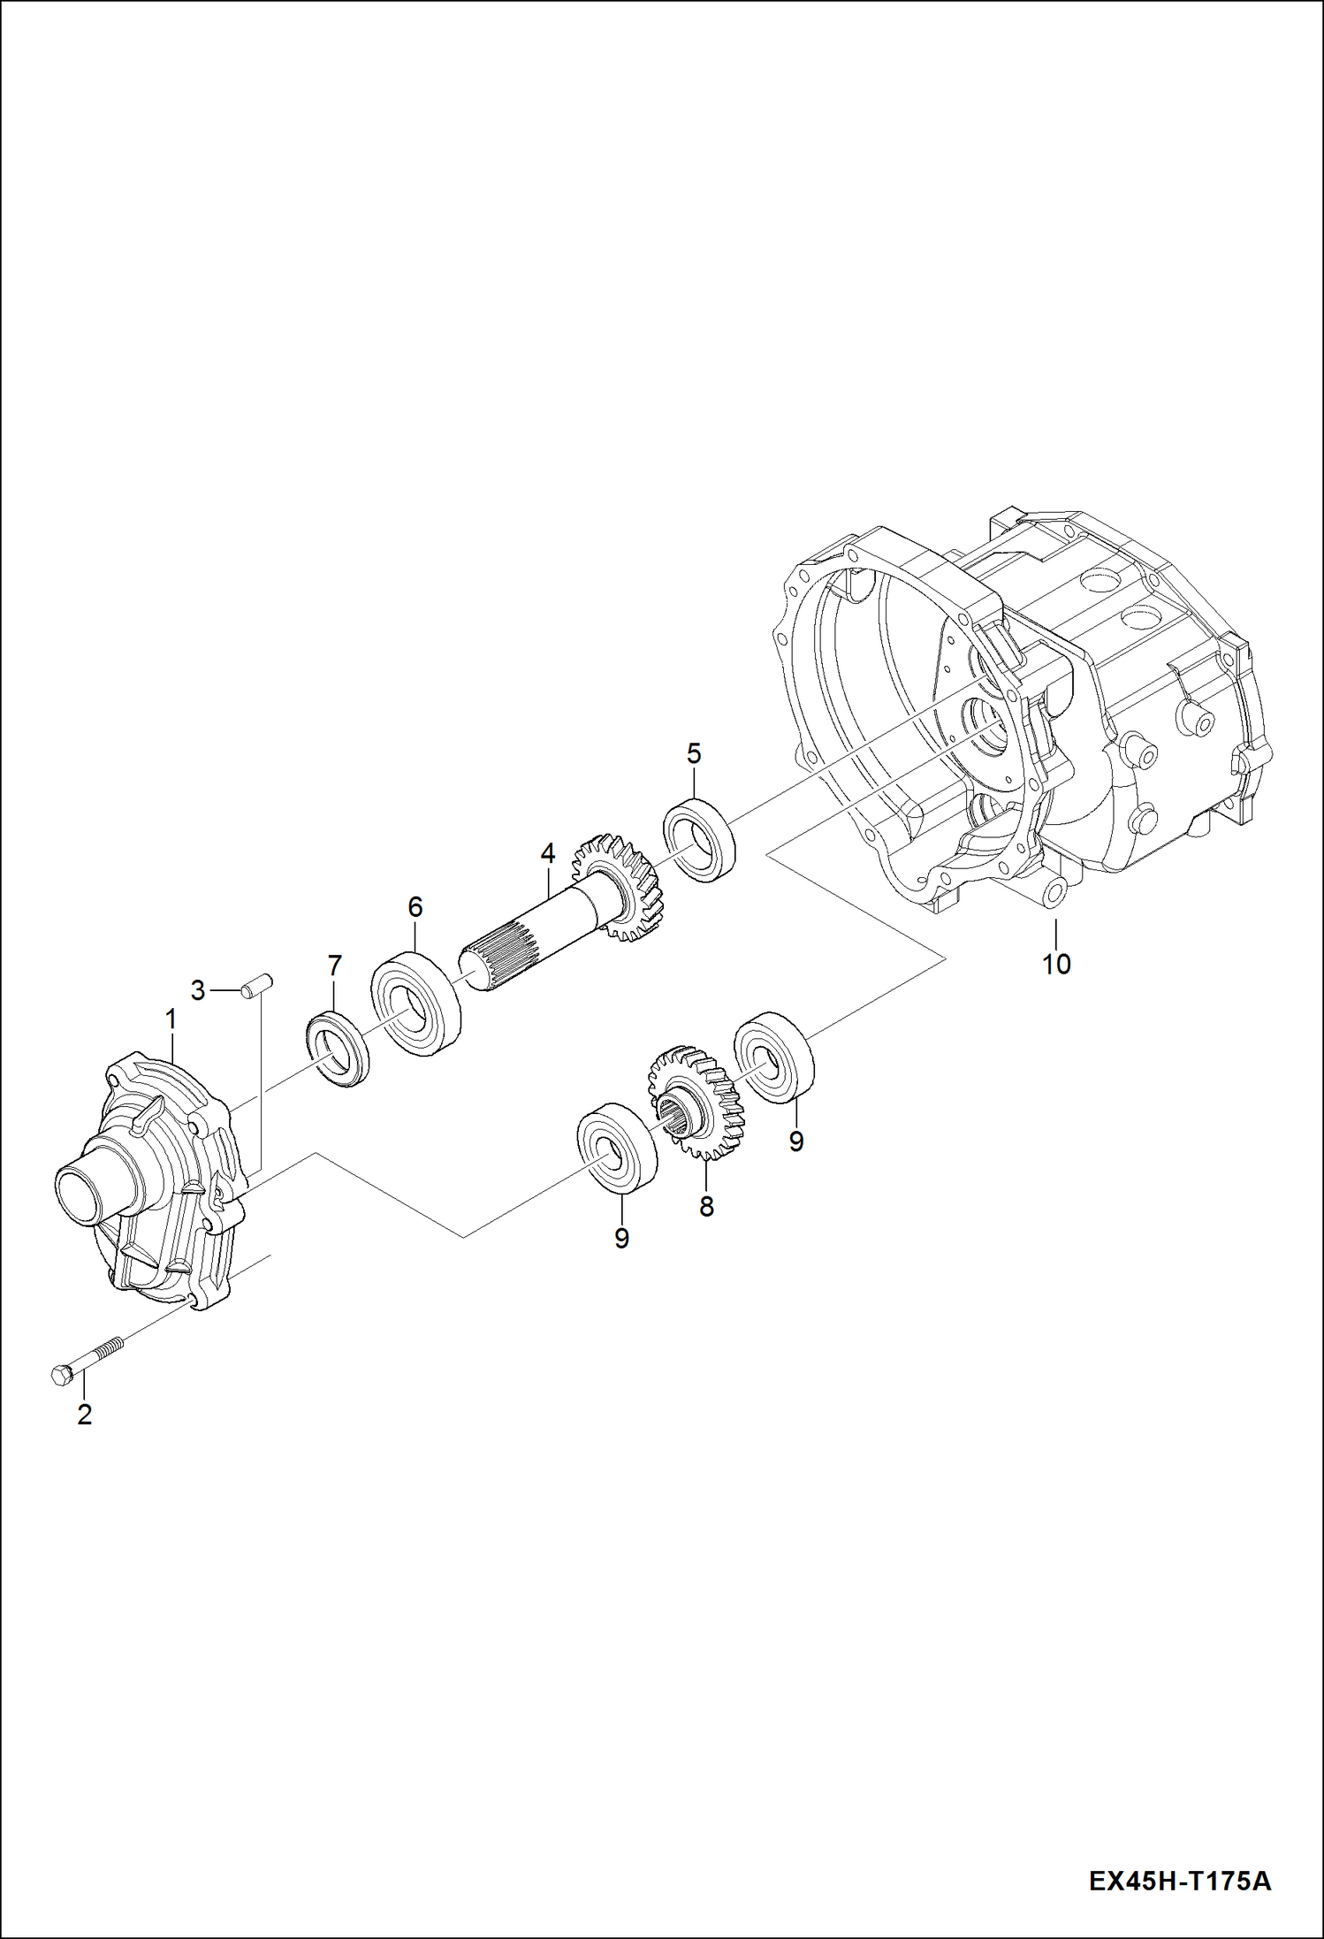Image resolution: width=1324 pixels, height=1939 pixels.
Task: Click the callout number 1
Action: click(171, 1019)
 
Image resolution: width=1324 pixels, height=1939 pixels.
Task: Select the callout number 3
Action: click(197, 990)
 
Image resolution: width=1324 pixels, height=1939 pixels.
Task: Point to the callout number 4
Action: click(547, 853)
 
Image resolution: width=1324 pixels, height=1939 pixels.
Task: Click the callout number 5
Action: click(694, 754)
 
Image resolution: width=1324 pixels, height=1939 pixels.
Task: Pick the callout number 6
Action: click(415, 907)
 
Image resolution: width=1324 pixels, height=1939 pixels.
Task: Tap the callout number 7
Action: click(334, 966)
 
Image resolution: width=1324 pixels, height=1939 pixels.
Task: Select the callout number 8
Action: click(706, 1207)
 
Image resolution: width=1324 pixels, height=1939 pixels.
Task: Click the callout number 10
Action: click(1056, 964)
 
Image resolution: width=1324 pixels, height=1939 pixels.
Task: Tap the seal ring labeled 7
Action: click(338, 1048)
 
